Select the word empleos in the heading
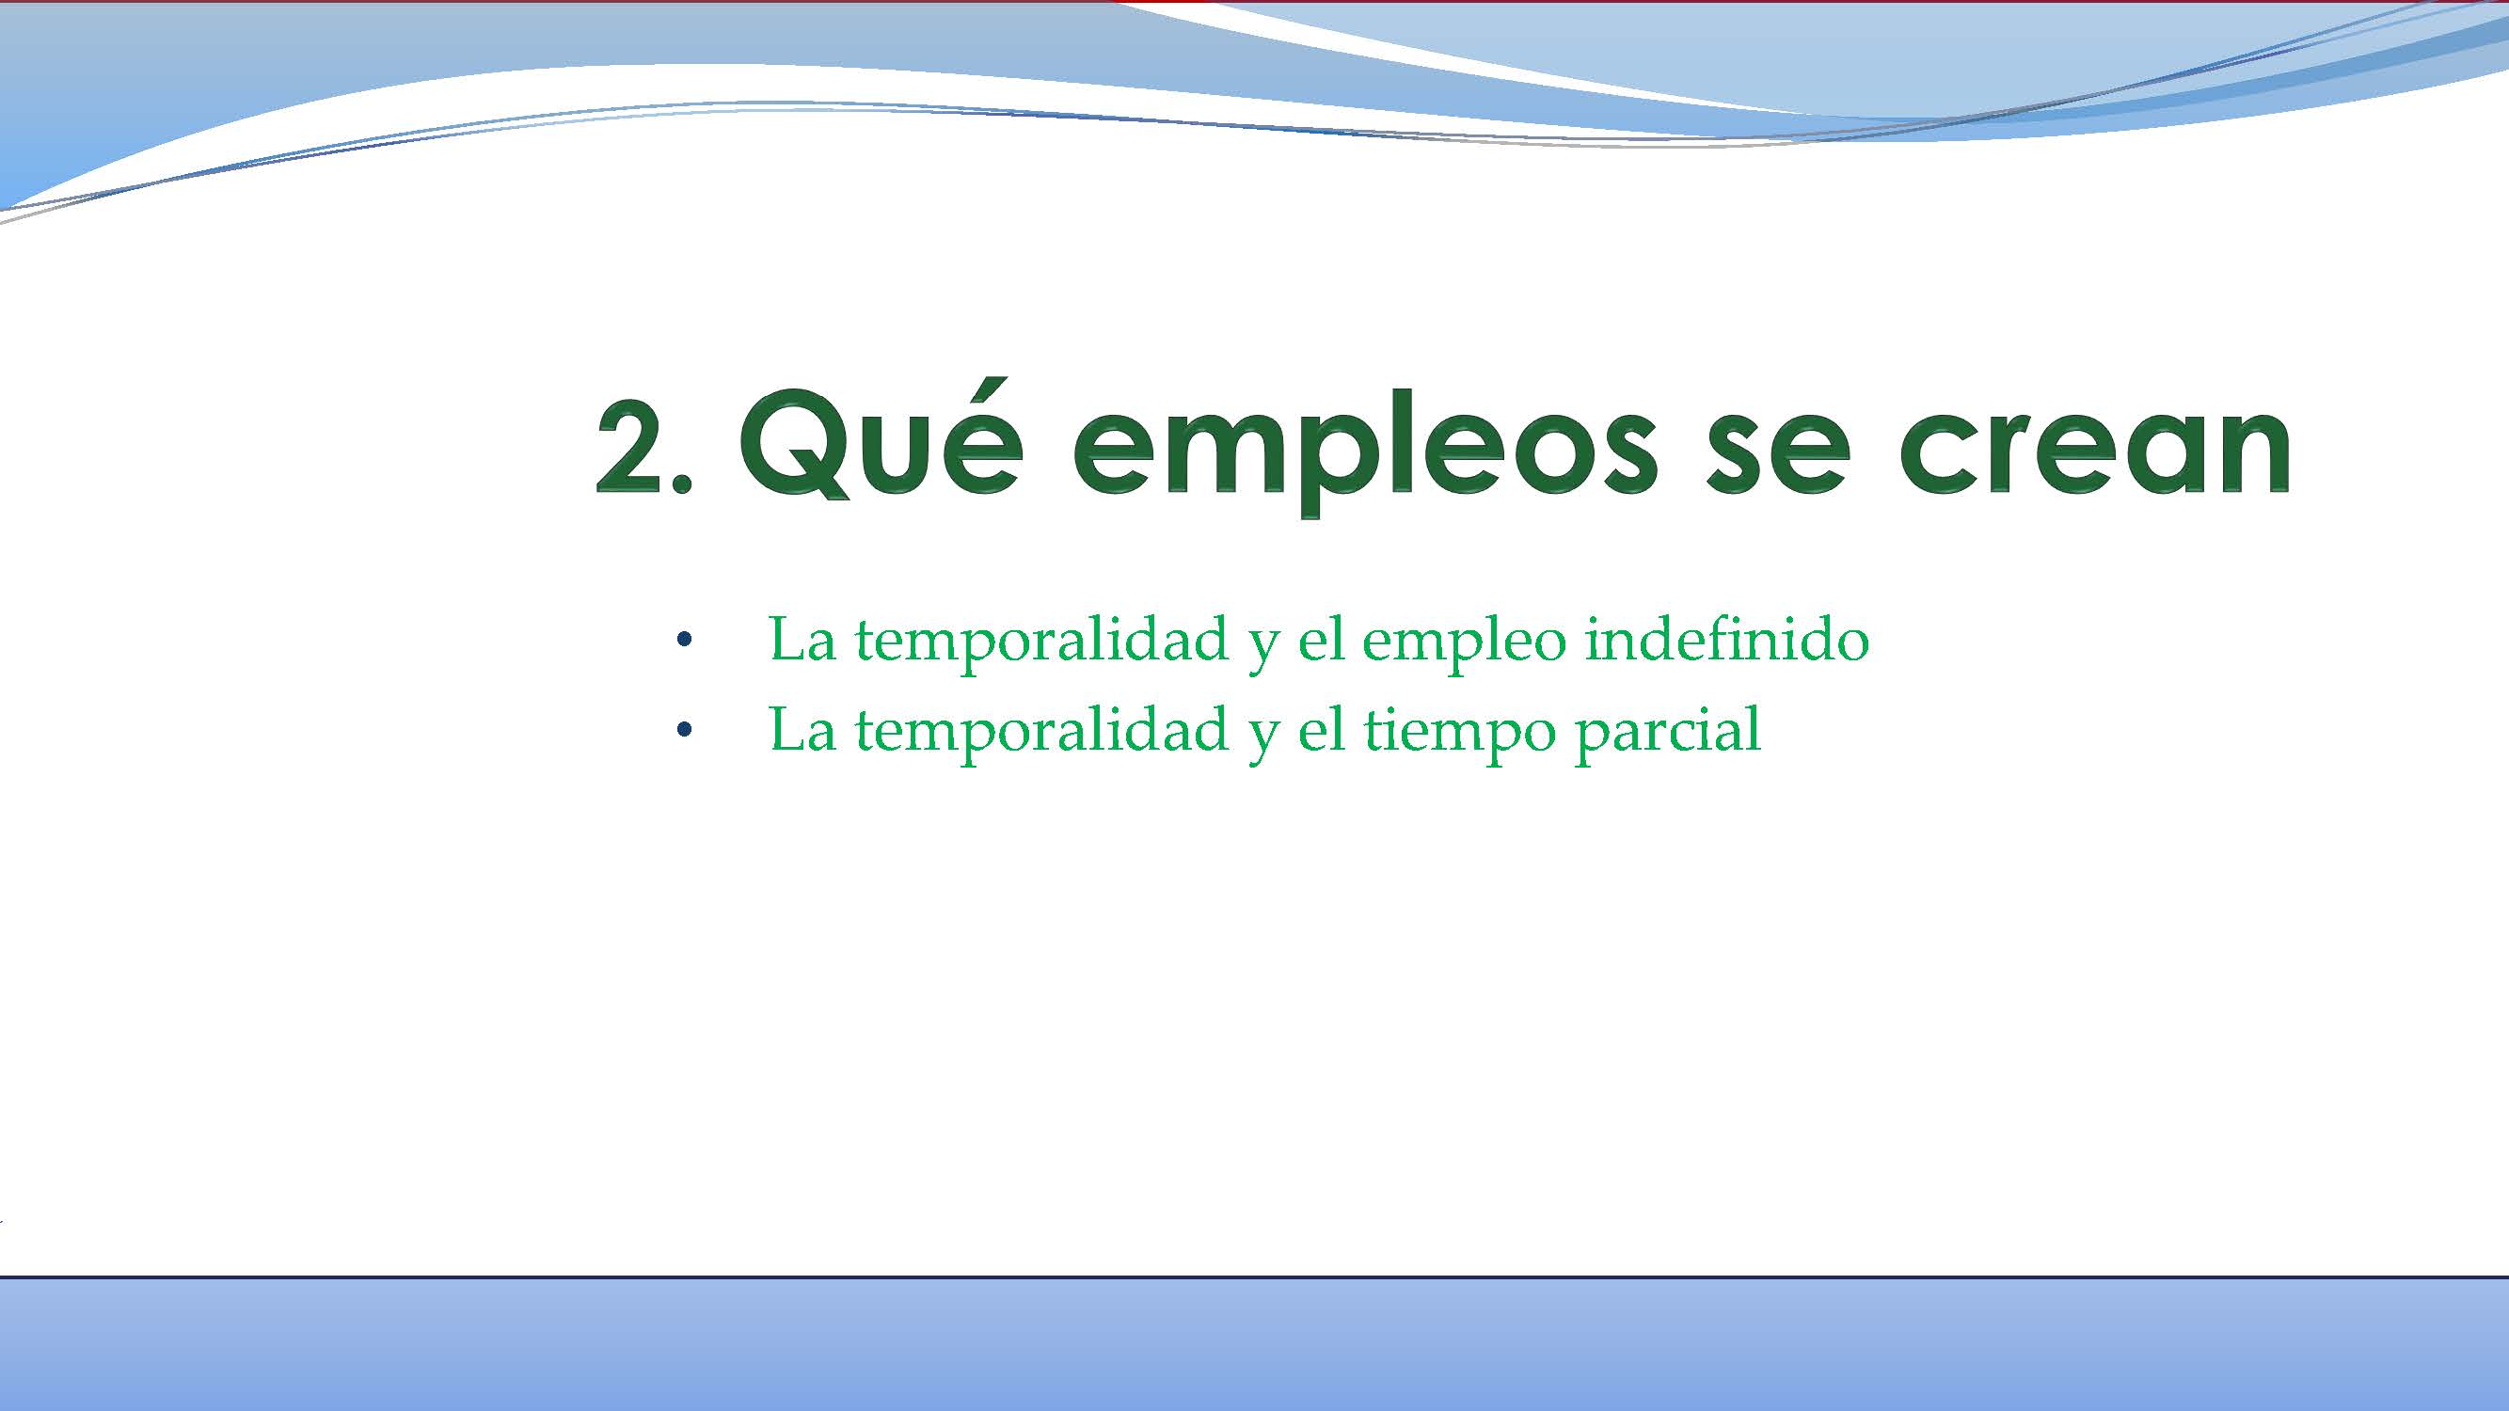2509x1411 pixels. click(x=1364, y=452)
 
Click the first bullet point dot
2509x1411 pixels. click(x=684, y=640)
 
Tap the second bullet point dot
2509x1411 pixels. click(x=684, y=729)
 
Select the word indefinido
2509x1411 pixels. click(x=1726, y=640)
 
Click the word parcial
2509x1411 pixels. click(x=1667, y=732)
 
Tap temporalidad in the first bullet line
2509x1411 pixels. click(x=1041, y=640)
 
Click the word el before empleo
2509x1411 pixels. click(x=1322, y=640)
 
